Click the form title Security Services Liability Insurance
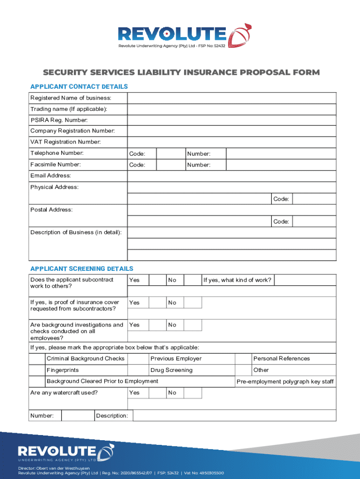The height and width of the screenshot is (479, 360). tap(181, 73)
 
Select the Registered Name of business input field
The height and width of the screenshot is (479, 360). tap(231, 98)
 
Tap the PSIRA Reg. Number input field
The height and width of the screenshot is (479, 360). tap(231, 121)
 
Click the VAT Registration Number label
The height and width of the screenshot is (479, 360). tap(65, 142)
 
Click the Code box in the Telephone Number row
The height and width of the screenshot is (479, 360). tap(170, 153)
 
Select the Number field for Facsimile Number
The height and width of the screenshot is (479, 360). tap(281, 165)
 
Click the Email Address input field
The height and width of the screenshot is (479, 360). tap(231, 176)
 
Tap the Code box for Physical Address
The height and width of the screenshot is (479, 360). tap(314, 199)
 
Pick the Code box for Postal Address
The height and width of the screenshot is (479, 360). tap(314, 221)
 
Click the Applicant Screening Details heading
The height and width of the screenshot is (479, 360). tap(82, 269)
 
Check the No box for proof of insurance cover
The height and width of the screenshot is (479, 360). tap(192, 303)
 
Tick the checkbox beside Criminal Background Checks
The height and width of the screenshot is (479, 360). tap(37, 359)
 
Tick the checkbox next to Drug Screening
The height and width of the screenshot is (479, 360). tap(138, 370)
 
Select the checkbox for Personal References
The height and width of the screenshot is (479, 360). tap(243, 359)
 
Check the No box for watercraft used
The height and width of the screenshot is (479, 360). tap(192, 392)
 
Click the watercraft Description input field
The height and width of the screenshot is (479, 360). tap(234, 416)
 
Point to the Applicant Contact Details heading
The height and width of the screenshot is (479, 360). tap(79, 87)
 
